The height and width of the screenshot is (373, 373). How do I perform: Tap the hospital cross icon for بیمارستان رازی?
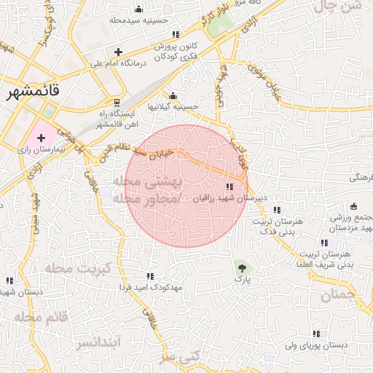point(41,137)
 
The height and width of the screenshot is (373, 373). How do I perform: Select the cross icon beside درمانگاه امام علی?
point(119,52)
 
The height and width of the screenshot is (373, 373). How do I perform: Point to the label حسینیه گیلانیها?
point(173,106)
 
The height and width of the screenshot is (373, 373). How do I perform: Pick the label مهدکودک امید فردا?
point(150,287)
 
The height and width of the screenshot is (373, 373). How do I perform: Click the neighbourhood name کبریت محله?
point(77,268)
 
